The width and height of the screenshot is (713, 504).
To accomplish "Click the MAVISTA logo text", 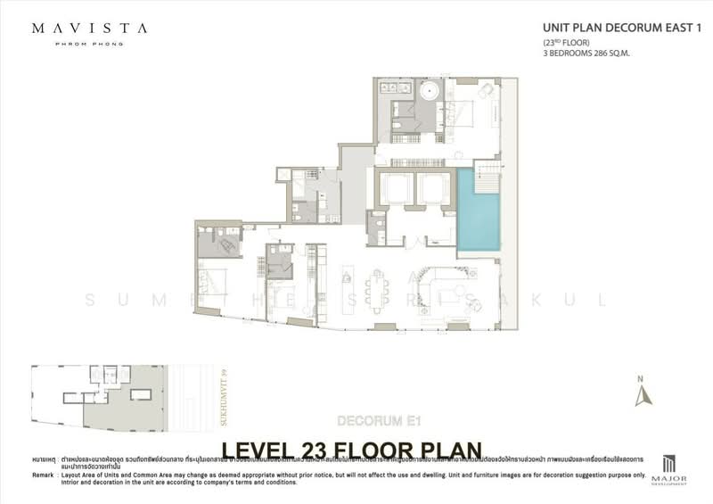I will click(89, 28).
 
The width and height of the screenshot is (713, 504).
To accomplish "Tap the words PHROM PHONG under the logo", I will click(89, 43).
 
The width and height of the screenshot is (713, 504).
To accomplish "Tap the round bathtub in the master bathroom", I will click(431, 92).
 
